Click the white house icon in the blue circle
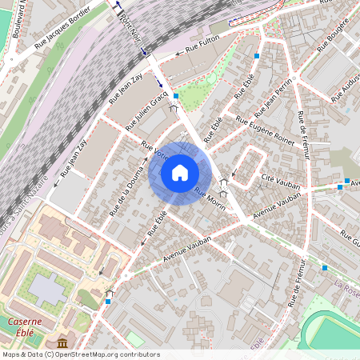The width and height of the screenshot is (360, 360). [x=180, y=172]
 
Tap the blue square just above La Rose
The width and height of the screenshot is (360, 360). [x=325, y=267]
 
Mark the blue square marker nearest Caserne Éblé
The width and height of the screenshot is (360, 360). [x=108, y=302]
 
